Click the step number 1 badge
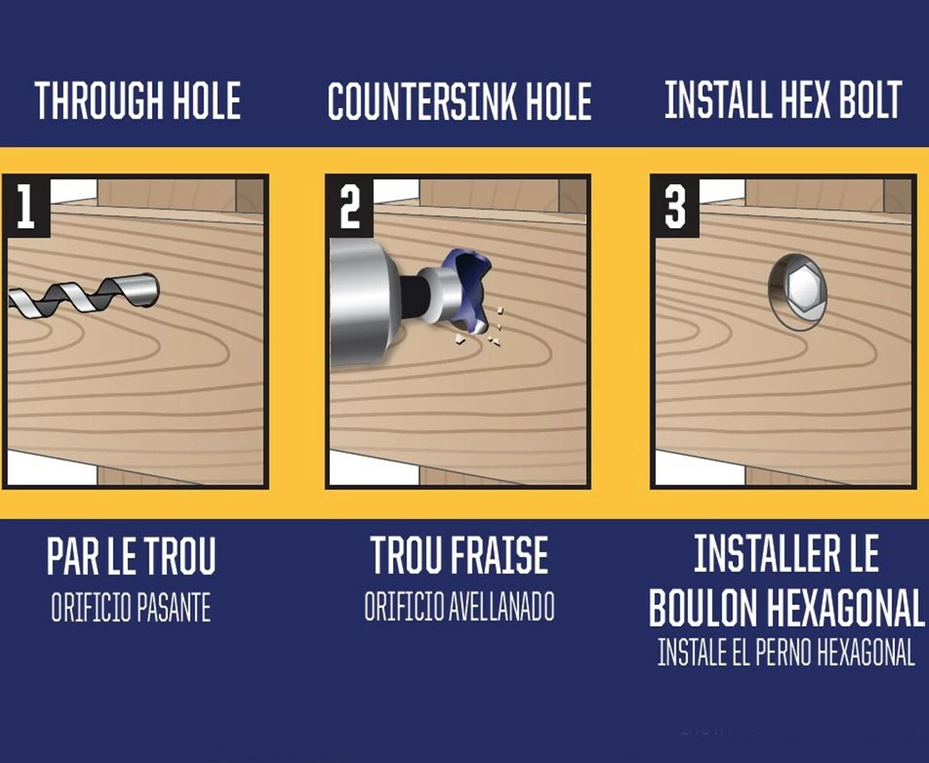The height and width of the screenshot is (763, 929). (26, 207)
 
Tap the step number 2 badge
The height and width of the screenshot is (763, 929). (350, 207)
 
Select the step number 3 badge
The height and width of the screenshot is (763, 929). (675, 207)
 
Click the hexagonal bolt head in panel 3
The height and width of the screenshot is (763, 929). (802, 289)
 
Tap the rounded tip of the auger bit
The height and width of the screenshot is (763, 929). (150, 288)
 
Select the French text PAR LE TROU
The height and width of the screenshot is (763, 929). (131, 557)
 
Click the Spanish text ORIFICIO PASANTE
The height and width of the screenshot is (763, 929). (131, 609)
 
